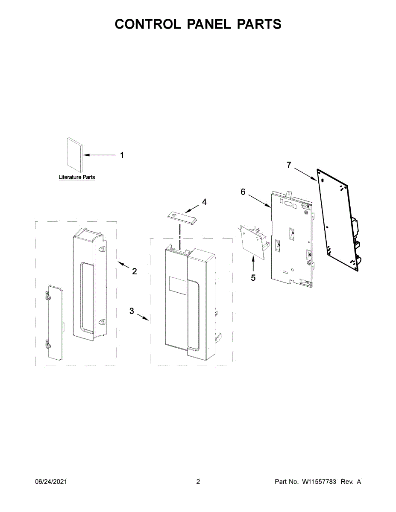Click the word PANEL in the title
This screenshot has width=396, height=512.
click(209, 24)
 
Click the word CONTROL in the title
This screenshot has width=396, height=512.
click(148, 24)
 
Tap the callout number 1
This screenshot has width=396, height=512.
click(122, 155)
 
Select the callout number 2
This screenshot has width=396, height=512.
click(135, 271)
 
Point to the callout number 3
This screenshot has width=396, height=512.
click(132, 311)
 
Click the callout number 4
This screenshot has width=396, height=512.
click(204, 202)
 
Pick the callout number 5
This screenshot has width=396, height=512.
click(253, 278)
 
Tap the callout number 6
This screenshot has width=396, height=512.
click(243, 192)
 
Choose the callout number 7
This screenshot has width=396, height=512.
click(289, 165)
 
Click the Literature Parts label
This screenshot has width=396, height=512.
click(77, 177)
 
